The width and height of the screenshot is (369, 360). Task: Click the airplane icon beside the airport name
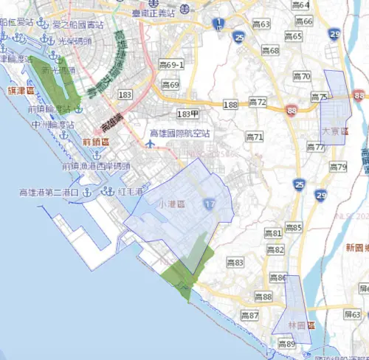pos(151,143)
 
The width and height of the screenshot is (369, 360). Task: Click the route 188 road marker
pos(230,105)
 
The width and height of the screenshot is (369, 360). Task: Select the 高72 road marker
pos(258,101)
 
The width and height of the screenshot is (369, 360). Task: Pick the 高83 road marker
pos(235,263)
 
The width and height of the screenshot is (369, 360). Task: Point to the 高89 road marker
pos(286,344)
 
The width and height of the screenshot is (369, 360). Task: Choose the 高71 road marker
pos(255,136)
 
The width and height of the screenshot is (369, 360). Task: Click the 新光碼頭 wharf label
pos(58,71)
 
